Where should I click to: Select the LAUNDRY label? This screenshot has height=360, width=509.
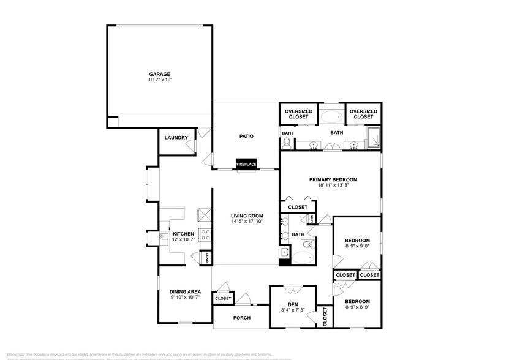click(176, 138)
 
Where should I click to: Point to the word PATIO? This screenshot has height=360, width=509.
click(246, 137)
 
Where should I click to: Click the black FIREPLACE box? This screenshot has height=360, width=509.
click(247, 164)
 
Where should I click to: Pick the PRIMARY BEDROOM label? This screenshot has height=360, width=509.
click(333, 179)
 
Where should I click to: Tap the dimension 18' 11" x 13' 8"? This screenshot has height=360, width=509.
click(333, 186)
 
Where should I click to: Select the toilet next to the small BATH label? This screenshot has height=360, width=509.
click(286, 143)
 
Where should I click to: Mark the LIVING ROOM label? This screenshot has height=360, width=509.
click(247, 216)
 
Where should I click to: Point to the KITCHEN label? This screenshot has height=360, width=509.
click(183, 234)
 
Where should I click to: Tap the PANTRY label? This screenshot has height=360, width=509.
click(208, 258)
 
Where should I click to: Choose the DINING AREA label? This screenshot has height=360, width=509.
click(185, 291)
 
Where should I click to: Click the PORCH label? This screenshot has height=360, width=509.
click(241, 318)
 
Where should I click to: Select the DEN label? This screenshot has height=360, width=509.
click(292, 304)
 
